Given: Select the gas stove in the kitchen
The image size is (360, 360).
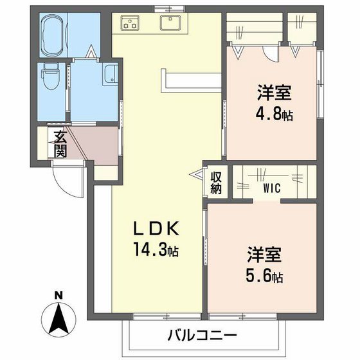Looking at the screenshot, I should click(x=130, y=24).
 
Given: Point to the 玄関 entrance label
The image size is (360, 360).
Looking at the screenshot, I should click(x=60, y=143).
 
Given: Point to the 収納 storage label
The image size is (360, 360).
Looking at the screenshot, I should click(x=216, y=181).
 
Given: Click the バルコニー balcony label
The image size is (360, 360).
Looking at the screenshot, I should click(x=203, y=335).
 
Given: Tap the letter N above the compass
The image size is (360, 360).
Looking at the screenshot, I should click(x=59, y=295).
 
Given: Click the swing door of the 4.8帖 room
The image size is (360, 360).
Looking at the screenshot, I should click(x=275, y=53).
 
